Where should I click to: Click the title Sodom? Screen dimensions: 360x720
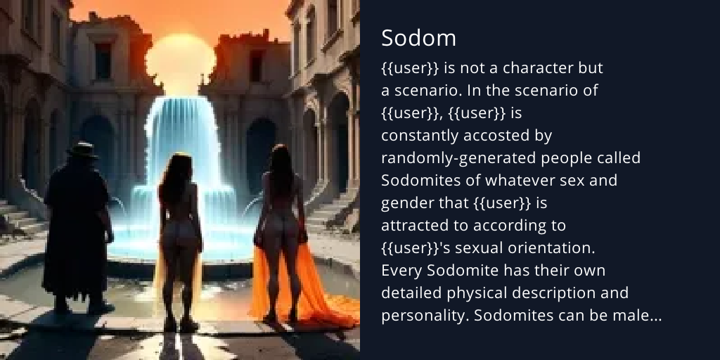418,39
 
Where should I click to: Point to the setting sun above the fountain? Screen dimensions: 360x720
181,60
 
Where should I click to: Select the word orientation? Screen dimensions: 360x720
551,247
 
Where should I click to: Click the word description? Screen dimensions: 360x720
567,292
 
